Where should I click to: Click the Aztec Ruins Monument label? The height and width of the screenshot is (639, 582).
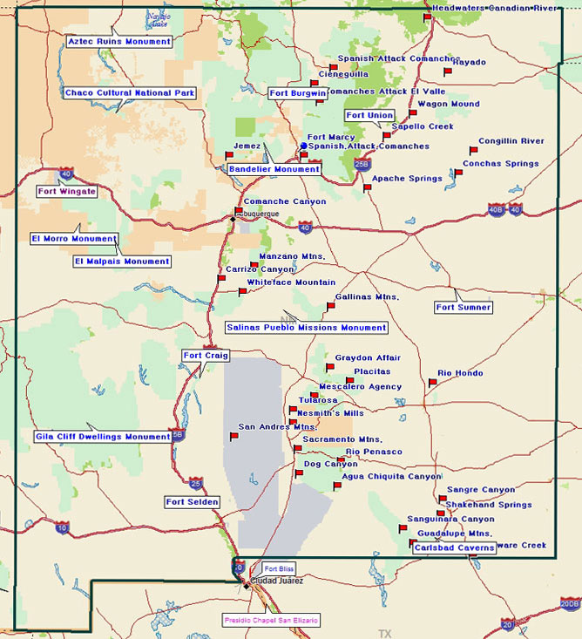(x=119, y=42)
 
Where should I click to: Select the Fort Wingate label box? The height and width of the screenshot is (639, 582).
(x=67, y=191)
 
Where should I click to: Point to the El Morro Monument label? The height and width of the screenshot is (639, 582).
(x=74, y=239)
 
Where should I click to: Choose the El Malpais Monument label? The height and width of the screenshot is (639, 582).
(x=122, y=262)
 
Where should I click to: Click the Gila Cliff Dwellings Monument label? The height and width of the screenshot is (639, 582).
(x=103, y=437)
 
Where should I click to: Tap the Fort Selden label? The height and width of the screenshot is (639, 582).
(x=193, y=502)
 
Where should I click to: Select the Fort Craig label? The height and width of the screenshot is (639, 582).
(x=206, y=356)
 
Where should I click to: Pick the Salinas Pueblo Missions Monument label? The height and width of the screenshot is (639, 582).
(x=306, y=328)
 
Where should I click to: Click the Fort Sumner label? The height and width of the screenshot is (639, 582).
(x=464, y=308)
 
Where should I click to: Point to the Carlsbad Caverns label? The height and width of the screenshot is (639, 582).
(x=454, y=548)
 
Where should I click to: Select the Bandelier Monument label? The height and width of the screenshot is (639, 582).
(x=274, y=169)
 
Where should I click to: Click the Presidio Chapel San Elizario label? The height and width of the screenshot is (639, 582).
(x=271, y=620)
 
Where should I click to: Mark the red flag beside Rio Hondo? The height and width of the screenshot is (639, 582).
(x=432, y=383)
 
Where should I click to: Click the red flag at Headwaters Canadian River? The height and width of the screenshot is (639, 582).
(x=427, y=17)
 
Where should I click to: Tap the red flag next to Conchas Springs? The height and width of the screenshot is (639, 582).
(x=458, y=173)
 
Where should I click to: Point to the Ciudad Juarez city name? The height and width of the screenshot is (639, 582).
(x=276, y=581)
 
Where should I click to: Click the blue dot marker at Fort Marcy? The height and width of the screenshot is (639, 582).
(x=302, y=146)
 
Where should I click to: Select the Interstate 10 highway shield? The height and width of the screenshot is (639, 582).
(x=61, y=527)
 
